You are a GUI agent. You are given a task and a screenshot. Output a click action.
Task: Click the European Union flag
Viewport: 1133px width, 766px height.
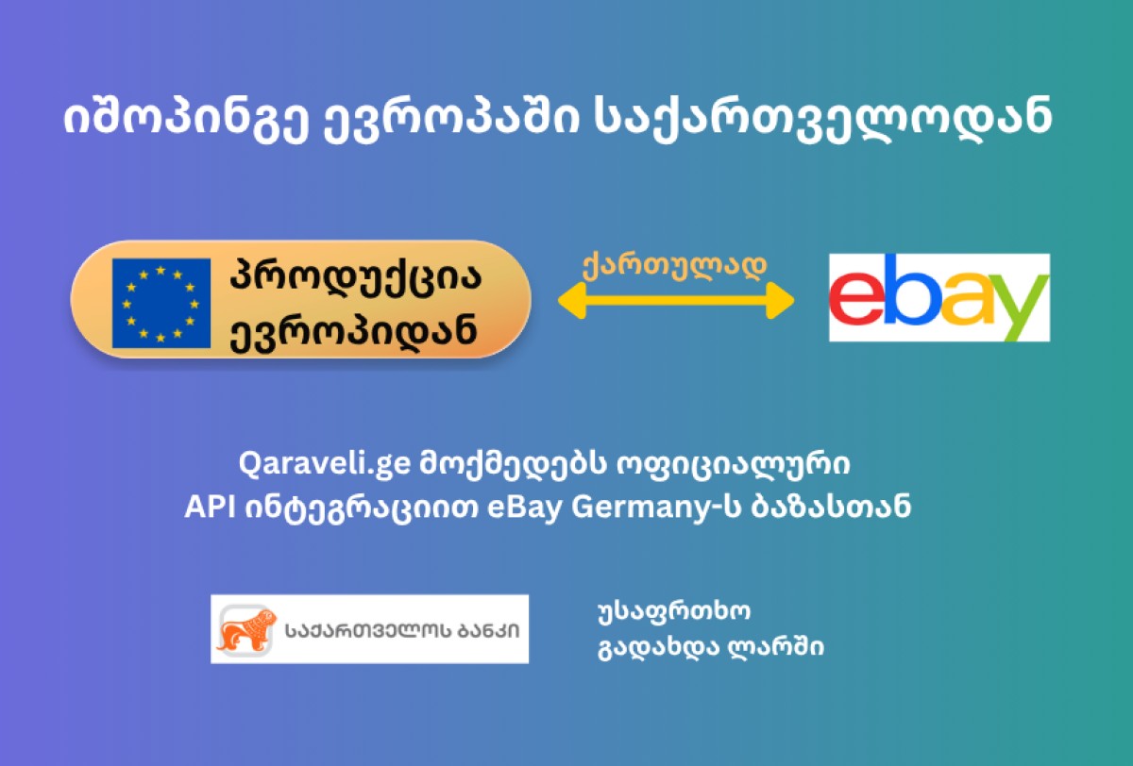161,303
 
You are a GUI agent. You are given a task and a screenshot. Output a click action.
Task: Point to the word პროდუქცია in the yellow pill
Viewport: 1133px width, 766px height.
356,277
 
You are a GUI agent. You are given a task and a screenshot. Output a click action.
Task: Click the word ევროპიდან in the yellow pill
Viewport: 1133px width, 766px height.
353,331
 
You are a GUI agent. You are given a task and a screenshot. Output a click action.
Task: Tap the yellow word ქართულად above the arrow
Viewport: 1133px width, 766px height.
675,265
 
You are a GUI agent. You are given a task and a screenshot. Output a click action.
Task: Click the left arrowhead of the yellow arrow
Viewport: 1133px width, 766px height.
572,300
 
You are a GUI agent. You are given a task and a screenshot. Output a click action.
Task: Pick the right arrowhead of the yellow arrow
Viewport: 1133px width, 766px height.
780,300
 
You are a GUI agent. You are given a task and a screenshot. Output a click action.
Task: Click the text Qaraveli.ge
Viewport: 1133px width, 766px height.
324,463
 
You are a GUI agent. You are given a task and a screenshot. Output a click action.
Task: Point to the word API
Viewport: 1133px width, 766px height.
210,507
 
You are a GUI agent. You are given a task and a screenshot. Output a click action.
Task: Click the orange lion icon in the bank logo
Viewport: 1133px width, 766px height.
246,629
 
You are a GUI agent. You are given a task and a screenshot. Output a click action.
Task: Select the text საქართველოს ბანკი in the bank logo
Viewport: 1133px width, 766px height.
402,630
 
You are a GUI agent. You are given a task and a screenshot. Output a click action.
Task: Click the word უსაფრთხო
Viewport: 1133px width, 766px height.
674,612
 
